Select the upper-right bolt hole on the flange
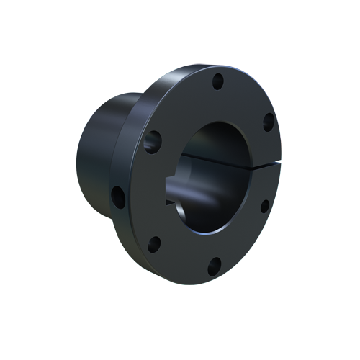click(268, 122)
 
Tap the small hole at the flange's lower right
click(265, 206)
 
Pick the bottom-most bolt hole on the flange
click(214, 268)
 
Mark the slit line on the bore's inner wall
click(216, 156)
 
